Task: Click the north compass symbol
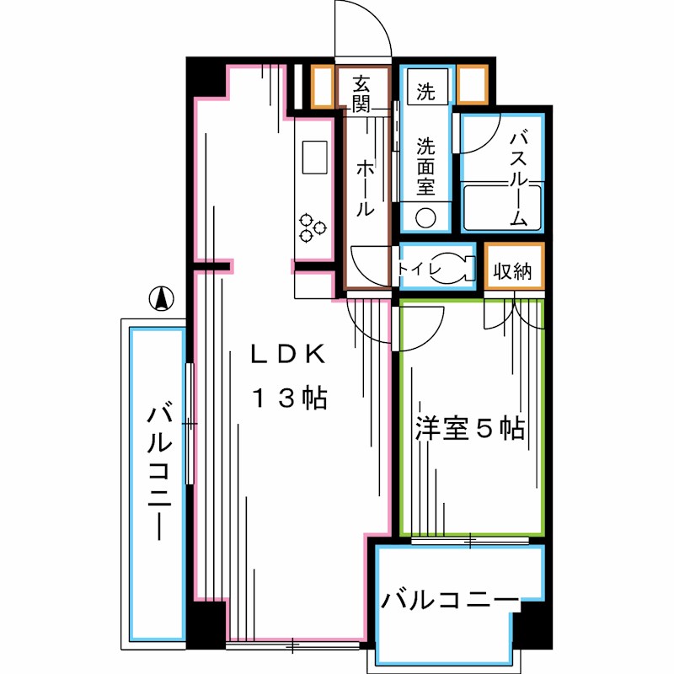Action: point(161,298)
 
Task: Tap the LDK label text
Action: point(286,356)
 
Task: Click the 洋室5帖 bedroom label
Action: point(469,429)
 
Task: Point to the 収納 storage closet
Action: point(513,271)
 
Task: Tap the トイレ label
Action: point(419,269)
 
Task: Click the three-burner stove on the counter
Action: point(314,227)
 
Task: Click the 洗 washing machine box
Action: point(427,90)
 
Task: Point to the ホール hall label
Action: point(365,187)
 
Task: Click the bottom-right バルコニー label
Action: point(449,601)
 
